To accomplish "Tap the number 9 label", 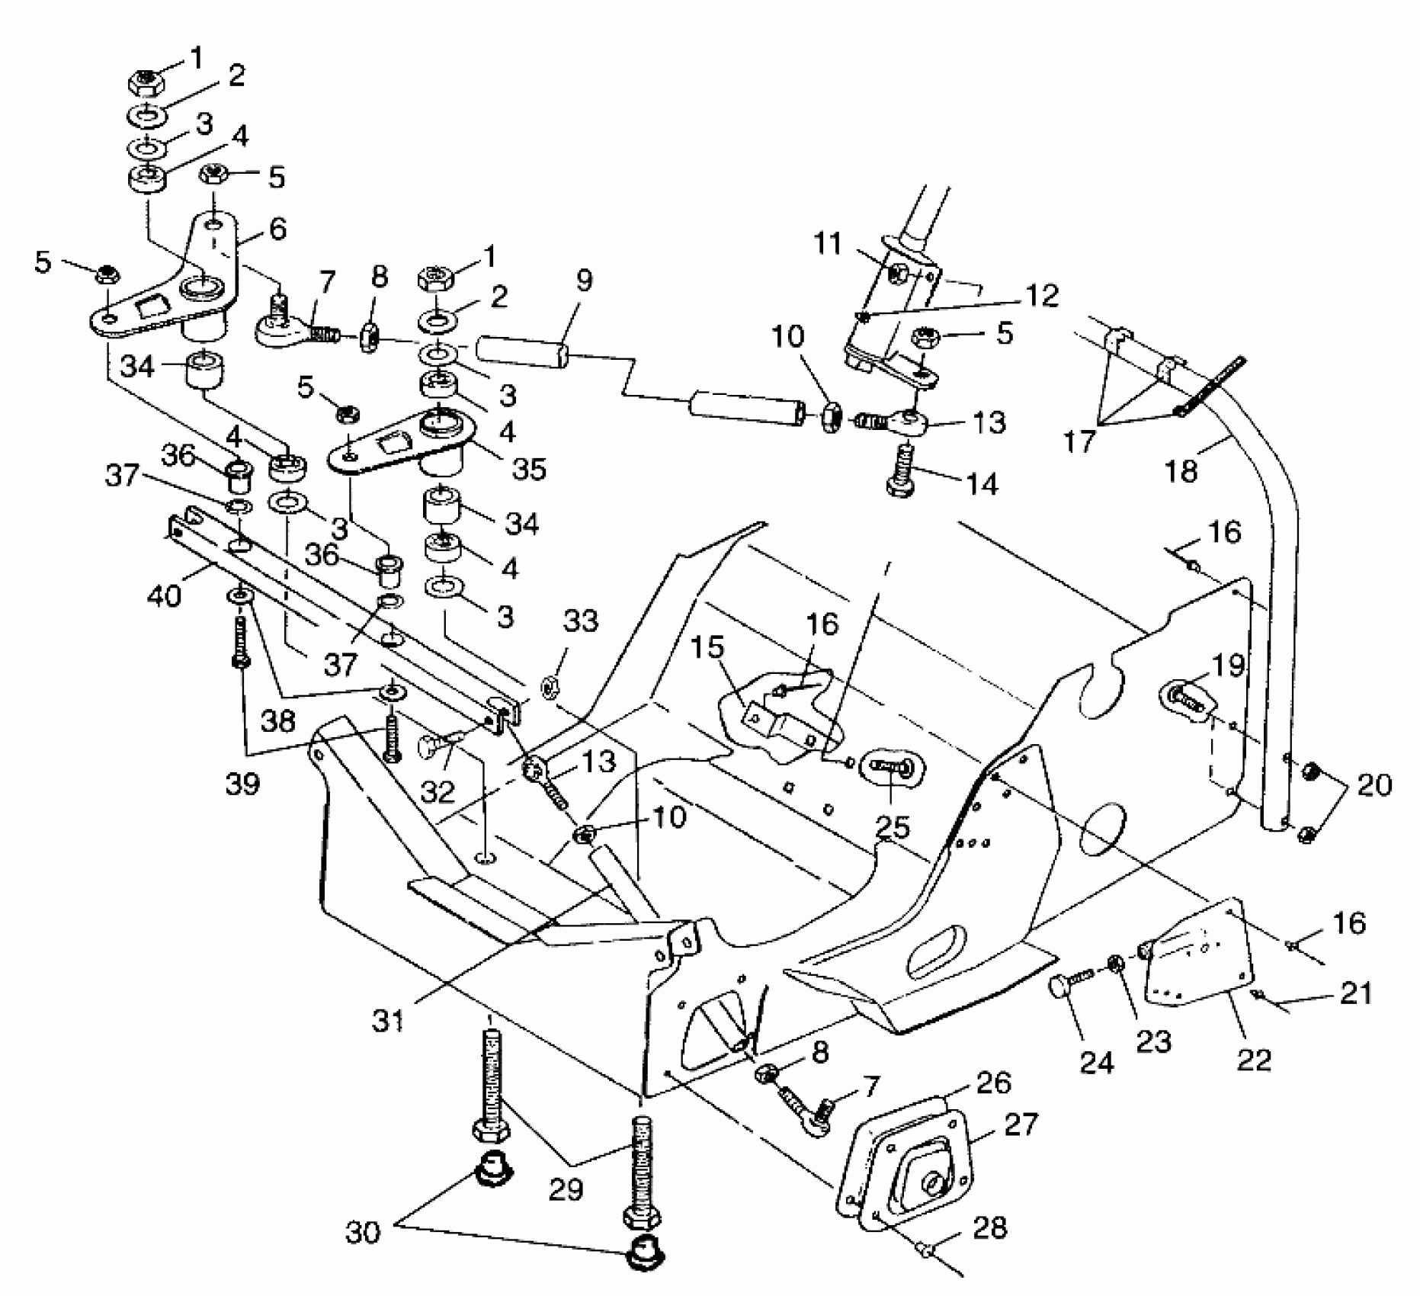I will [583, 281].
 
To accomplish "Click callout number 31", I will [389, 1019].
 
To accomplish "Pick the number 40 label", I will [164, 595].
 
